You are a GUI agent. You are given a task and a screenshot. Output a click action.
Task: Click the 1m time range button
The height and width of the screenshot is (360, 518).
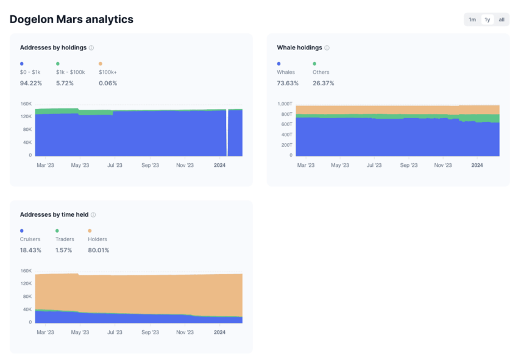(x=472, y=19)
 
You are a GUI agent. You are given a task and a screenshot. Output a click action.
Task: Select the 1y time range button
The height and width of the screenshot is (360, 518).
(x=487, y=19)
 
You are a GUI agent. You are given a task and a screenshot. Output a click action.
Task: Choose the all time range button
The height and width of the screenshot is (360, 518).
(x=502, y=19)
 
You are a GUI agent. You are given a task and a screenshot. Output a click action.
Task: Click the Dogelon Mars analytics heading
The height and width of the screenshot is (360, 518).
(x=71, y=19)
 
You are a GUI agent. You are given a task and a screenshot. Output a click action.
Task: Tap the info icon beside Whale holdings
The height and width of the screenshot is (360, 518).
(x=327, y=48)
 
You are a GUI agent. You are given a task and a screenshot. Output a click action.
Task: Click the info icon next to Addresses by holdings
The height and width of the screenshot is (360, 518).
(x=91, y=48)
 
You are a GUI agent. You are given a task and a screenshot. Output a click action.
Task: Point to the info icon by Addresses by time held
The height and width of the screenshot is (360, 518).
(x=93, y=214)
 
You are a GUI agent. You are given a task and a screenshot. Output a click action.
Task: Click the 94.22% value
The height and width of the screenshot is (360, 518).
(x=31, y=83)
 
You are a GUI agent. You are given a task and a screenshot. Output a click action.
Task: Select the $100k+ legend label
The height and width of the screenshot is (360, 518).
(x=108, y=72)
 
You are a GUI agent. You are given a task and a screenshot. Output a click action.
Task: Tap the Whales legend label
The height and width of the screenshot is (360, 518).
(x=286, y=72)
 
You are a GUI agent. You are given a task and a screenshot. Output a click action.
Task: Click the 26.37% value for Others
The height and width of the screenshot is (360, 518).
(x=323, y=83)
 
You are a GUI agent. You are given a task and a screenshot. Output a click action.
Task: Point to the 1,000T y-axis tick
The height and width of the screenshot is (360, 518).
(x=285, y=104)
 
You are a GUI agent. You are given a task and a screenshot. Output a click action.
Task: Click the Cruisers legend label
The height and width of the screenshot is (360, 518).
(x=30, y=239)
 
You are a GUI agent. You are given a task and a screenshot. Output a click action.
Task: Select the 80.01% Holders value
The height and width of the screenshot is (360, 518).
(x=99, y=250)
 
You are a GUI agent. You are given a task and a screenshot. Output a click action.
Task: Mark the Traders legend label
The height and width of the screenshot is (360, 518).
(x=65, y=239)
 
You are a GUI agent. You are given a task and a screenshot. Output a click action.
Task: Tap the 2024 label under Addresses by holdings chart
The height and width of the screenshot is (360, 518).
(x=219, y=165)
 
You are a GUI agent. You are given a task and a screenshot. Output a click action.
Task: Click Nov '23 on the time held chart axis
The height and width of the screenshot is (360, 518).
(x=185, y=332)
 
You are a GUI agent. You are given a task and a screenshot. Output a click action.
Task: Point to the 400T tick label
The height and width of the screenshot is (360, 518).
(x=286, y=135)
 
